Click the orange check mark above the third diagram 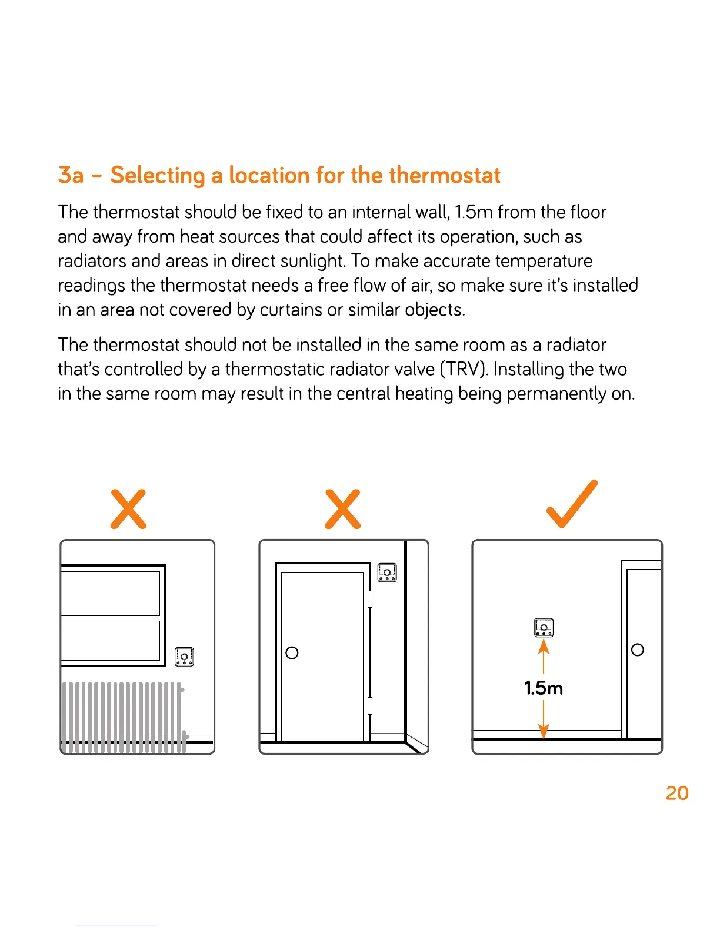coord(571,505)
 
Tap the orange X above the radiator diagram coord(128,509)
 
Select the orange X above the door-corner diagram coord(342,509)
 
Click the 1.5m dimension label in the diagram coord(544,688)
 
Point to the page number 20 coord(677,793)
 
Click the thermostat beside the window coord(184,657)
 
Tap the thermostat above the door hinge coord(387,572)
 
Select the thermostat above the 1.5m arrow coord(544,628)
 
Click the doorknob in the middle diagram coord(292,653)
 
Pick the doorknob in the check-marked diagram coord(637,649)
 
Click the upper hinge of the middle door coord(370,599)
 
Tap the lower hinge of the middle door coord(370,705)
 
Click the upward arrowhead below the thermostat coord(544,646)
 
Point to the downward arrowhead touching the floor coord(544,731)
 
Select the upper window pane coord(111,593)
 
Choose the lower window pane coord(111,641)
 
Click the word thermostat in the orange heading coord(445,176)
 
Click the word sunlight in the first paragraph coord(312,261)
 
